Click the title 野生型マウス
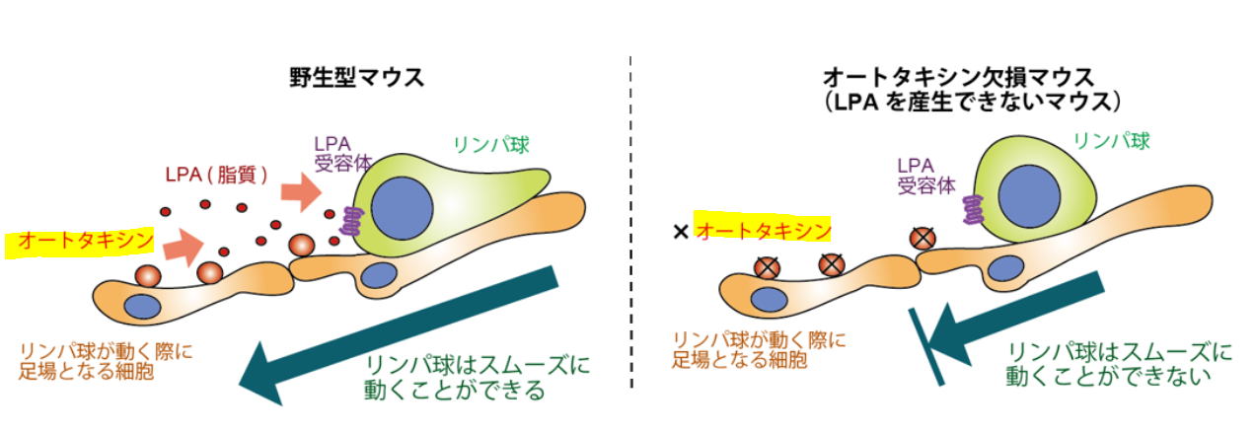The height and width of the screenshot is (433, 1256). point(356,77)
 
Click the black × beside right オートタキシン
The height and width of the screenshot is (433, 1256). point(679,233)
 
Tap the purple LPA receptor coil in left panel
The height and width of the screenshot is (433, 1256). point(348,220)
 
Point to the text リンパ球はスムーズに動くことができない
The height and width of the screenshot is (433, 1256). point(1120,362)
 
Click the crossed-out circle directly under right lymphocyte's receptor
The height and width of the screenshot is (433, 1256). point(924,238)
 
